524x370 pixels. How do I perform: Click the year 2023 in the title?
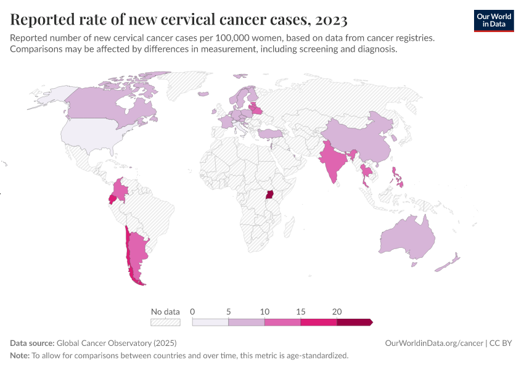coord(330,20)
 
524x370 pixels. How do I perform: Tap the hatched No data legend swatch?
coord(165,322)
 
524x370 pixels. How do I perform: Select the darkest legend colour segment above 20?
coord(354,322)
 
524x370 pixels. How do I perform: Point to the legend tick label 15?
coord(301,311)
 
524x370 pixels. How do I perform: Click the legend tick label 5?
coord(228,311)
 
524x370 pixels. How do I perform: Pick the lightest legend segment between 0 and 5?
coord(210,322)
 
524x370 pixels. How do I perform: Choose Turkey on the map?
coord(270,133)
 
